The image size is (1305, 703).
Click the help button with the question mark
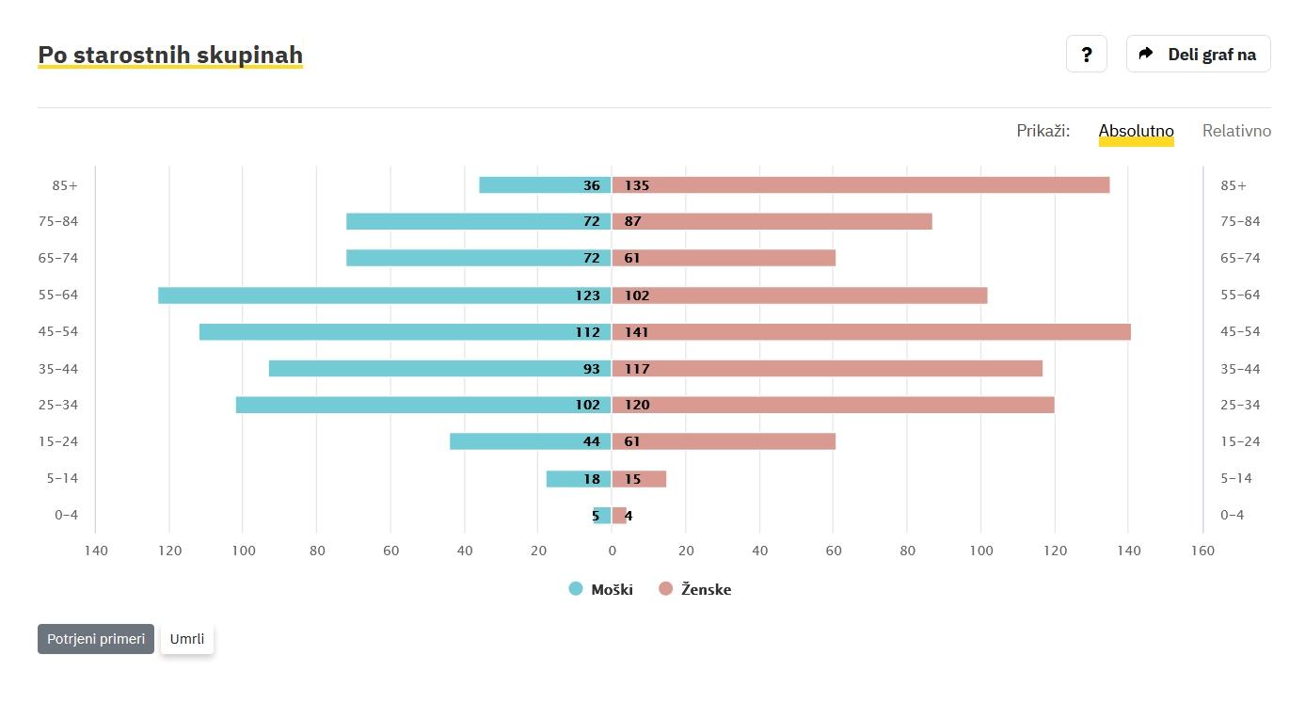click(1087, 55)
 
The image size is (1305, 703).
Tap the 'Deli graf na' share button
click(1198, 55)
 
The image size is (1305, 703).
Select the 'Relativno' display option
click(1236, 131)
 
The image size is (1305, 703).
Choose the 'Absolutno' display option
click(1136, 131)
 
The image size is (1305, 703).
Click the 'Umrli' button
click(187, 639)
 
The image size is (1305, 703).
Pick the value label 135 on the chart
click(637, 185)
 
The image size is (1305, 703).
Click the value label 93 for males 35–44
click(591, 369)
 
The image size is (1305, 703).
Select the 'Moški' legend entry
click(601, 590)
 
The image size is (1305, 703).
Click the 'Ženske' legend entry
click(695, 590)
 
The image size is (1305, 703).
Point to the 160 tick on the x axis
click(1202, 551)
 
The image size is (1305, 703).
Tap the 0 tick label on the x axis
click(612, 551)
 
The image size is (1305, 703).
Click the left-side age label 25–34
click(65, 406)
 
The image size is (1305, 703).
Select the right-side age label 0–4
click(1232, 516)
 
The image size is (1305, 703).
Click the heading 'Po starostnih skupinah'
click(170, 56)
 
